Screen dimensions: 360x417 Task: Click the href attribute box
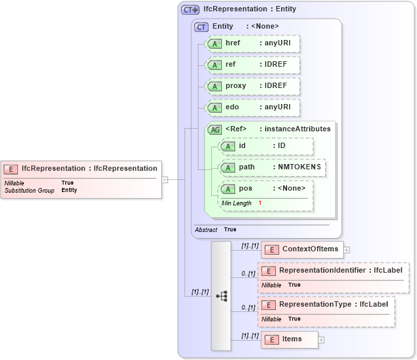point(252,44)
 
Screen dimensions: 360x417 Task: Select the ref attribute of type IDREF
point(252,65)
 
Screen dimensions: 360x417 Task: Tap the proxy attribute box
point(252,86)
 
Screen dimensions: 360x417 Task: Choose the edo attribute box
point(252,107)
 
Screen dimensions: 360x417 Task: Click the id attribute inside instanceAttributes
point(265,146)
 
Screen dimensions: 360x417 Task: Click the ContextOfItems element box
point(302,250)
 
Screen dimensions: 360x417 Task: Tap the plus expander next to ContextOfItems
point(346,250)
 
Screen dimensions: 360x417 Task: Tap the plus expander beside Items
point(322,339)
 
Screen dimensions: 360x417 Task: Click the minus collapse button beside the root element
point(165,179)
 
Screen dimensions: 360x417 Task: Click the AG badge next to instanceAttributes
point(214,129)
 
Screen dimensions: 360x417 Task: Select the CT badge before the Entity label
point(201,27)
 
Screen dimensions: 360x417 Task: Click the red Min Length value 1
point(260,203)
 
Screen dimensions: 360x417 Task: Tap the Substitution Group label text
point(29,191)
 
